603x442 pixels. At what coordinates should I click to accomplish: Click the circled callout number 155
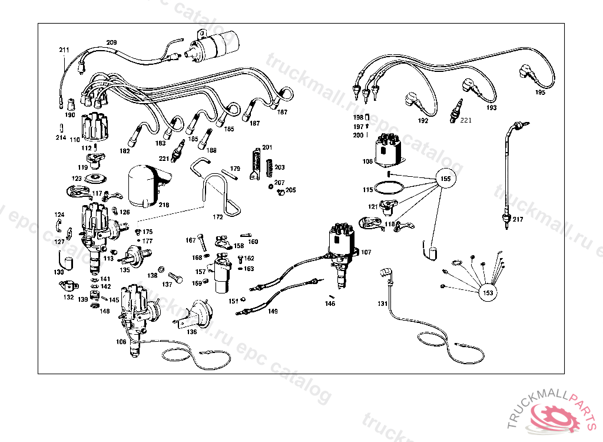click(446, 179)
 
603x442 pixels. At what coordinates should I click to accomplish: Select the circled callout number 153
click(488, 293)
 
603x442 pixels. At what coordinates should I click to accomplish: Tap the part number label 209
click(111, 42)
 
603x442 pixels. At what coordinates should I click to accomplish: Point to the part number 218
click(164, 205)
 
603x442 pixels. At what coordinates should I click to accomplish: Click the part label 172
click(218, 217)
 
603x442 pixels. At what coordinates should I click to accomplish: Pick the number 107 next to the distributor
click(366, 252)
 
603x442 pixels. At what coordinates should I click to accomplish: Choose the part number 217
click(517, 219)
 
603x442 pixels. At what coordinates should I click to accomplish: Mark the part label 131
click(383, 304)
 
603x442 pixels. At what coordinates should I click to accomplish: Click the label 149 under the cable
click(273, 311)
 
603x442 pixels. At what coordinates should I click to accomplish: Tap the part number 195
click(540, 93)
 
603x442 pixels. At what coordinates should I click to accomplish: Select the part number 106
click(121, 342)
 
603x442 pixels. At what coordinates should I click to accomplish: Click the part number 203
click(280, 167)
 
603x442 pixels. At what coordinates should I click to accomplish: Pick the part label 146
click(330, 304)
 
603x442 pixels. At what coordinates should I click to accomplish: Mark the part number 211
click(64, 50)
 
